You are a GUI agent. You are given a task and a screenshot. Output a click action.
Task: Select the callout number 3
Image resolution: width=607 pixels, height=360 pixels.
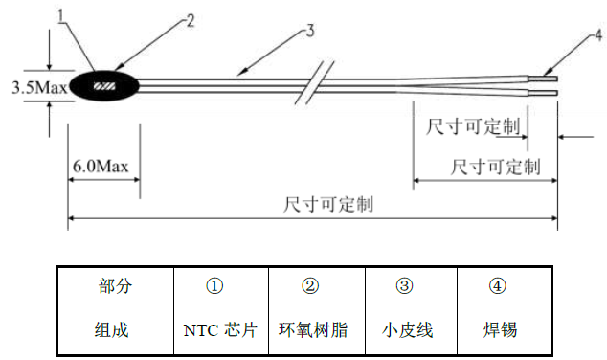pyautogui.click(x=308, y=32)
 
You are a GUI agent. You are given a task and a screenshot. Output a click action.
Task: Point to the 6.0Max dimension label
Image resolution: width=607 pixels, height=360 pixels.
pyautogui.click(x=101, y=168)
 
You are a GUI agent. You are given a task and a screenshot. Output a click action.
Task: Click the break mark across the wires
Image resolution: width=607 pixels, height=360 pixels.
pyautogui.click(x=320, y=84)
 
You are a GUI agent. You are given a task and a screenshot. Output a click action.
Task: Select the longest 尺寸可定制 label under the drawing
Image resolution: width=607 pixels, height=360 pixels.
pyautogui.click(x=327, y=205)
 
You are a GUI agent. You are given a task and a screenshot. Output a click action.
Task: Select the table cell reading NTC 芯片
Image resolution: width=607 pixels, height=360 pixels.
pyautogui.click(x=220, y=330)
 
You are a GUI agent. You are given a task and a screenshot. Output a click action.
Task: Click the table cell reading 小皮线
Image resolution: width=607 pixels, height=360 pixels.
pyautogui.click(x=408, y=330)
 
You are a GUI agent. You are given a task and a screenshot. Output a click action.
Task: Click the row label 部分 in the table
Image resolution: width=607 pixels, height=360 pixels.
pyautogui.click(x=116, y=286)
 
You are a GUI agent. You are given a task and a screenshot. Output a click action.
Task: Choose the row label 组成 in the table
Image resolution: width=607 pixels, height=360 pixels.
pyautogui.click(x=116, y=330)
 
